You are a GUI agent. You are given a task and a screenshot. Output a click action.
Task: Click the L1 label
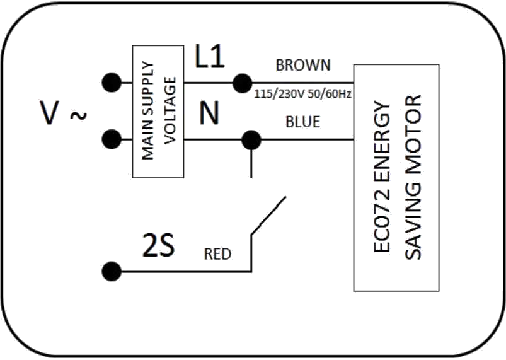tap(210, 57)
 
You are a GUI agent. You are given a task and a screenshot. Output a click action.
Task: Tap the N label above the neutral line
tap(209, 113)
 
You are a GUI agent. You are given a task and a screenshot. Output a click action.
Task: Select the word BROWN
tap(303, 65)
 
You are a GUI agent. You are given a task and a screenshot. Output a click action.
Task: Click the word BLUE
tap(302, 122)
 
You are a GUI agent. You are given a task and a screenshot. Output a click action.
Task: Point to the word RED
tap(217, 255)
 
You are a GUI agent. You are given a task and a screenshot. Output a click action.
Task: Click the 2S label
tap(158, 245)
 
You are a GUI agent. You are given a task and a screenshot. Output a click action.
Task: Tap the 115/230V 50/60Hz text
tap(302, 94)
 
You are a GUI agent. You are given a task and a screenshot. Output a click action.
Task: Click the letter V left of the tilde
tap(49, 113)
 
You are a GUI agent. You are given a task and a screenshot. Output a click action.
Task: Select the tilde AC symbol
tap(78, 115)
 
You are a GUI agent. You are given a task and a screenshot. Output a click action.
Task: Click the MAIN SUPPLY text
tap(148, 110)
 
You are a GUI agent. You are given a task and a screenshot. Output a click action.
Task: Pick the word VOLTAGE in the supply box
tap(170, 110)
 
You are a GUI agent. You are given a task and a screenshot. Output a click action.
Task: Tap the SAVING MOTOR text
tap(413, 177)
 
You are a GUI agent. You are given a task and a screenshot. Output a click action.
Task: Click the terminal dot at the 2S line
tap(112, 271)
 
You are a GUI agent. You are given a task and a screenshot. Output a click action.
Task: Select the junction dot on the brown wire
tap(243, 83)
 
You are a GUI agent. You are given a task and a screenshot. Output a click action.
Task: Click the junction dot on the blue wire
tap(251, 140)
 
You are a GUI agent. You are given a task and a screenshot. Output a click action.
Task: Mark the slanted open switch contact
tap(268, 216)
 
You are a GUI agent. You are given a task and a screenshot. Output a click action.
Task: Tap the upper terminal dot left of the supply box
tap(112, 83)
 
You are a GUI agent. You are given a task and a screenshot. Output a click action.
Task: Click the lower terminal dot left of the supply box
tap(112, 139)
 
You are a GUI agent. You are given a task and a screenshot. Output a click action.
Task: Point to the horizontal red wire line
tap(186, 272)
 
